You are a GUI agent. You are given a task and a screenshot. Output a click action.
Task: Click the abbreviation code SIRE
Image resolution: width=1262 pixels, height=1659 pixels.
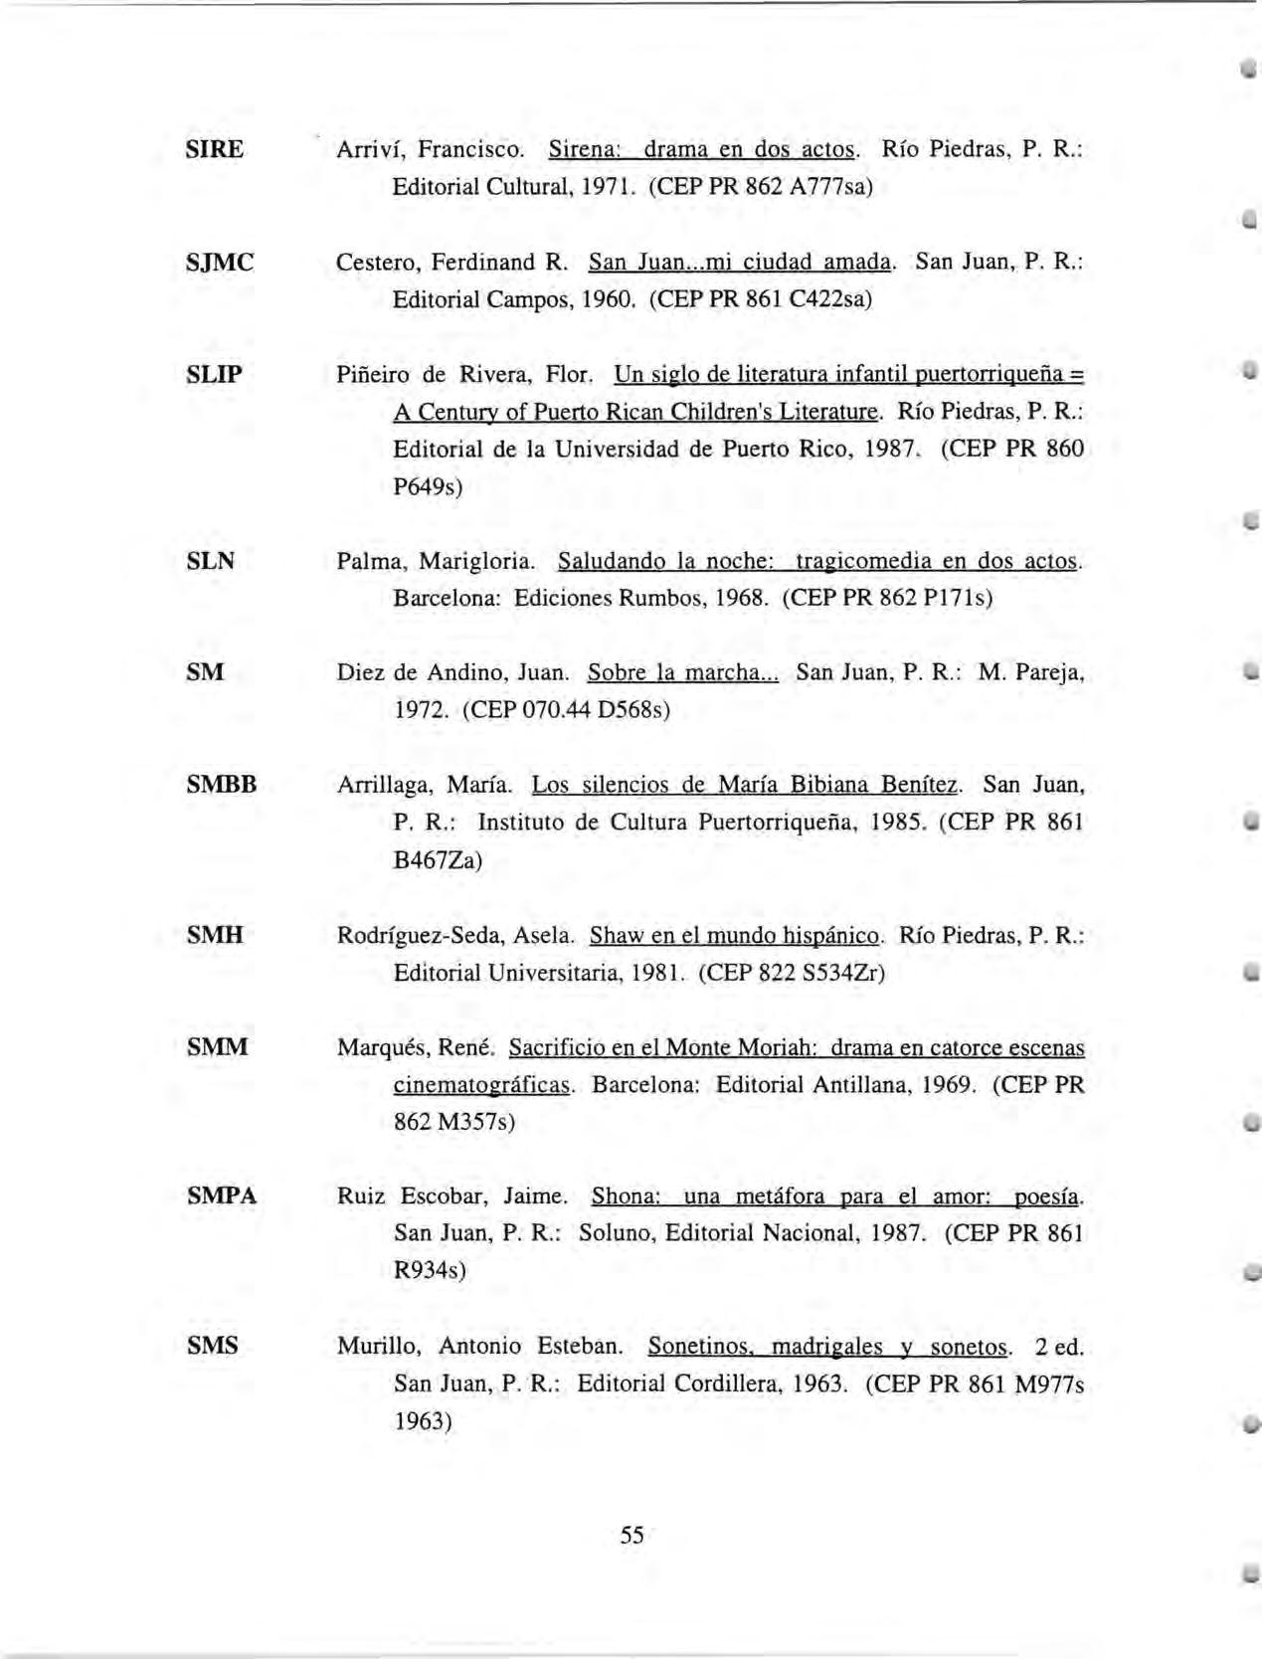coord(214,150)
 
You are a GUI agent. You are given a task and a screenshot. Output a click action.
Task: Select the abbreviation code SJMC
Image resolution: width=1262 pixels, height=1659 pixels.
coord(220,263)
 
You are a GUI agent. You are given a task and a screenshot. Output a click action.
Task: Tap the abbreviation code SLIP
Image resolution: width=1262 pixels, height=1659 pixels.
coord(214,375)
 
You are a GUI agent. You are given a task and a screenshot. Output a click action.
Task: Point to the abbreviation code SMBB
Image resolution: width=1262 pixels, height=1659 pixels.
coord(222,786)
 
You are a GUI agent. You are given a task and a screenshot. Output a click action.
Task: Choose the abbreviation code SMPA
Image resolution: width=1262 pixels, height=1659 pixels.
coord(222,1196)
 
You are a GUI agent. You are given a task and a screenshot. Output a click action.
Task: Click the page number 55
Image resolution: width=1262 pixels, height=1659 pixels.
coord(631,1535)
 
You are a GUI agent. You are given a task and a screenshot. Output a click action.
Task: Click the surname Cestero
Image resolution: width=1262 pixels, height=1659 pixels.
coord(371,263)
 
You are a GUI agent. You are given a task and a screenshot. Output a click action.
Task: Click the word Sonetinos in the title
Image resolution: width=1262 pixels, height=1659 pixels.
coord(696,1347)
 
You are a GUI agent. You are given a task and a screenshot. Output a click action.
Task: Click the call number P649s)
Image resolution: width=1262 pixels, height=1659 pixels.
coord(429,487)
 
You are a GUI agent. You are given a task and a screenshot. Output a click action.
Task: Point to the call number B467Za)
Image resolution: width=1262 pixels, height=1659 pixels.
coord(438,860)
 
